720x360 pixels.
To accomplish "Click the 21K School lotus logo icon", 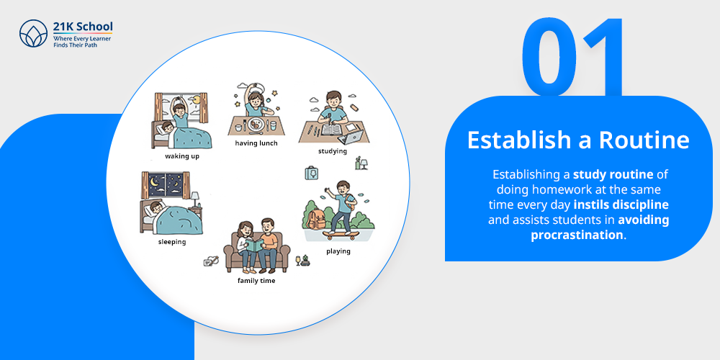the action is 33,33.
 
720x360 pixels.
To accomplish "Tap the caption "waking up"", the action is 182,156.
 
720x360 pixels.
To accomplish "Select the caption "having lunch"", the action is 256,143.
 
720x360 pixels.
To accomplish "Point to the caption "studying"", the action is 333,151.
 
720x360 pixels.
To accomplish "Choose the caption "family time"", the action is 256,281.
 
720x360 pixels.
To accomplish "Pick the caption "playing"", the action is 338,251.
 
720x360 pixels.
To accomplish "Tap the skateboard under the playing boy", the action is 340,235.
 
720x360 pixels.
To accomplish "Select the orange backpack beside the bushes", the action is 316,215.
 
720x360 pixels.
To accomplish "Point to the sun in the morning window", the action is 198,99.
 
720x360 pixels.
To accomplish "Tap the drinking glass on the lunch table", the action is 273,125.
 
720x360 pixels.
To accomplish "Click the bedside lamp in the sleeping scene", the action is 194,199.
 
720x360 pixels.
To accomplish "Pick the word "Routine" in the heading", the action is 644,140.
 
